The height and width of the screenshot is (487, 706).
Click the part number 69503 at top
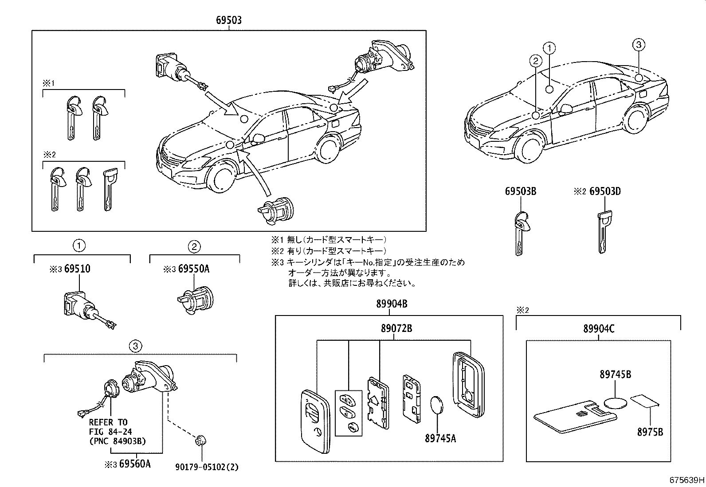pyautogui.click(x=229, y=20)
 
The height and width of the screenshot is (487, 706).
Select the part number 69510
pyautogui.click(x=78, y=269)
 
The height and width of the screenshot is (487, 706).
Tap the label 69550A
pyautogui.click(x=193, y=269)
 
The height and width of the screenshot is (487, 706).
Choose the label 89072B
pyautogui.click(x=396, y=329)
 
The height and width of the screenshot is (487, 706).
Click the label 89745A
pyautogui.click(x=440, y=438)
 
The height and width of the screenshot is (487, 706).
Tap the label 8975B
pyautogui.click(x=650, y=431)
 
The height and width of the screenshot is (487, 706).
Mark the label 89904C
pyautogui.click(x=599, y=329)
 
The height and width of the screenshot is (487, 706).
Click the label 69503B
pyautogui.click(x=521, y=191)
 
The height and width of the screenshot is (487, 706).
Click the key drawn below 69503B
pyautogui.click(x=521, y=233)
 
